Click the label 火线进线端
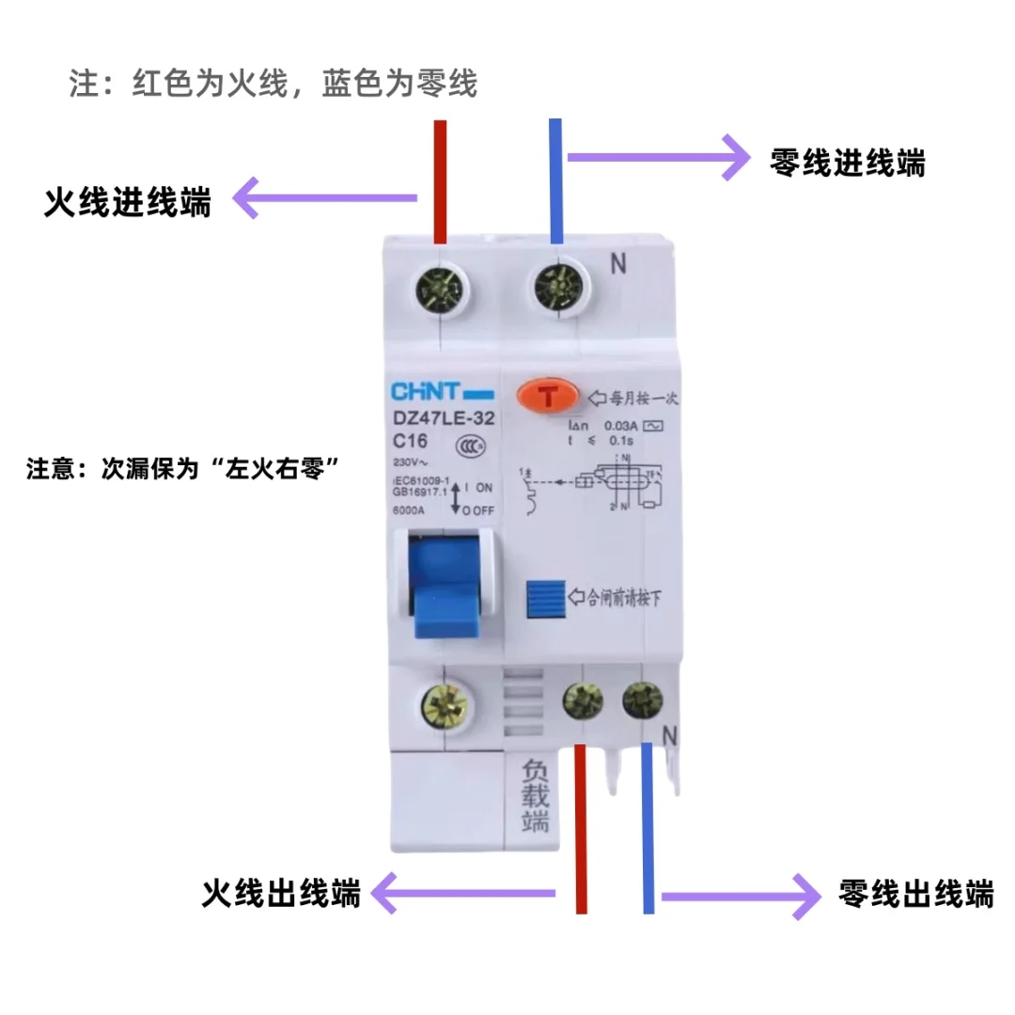coord(128,203)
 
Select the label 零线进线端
coord(847,163)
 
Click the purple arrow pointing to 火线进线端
coord(325,198)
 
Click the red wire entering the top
coord(440,179)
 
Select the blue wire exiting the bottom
coord(648,827)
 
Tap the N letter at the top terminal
coord(617,265)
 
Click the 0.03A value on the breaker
coord(621,426)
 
